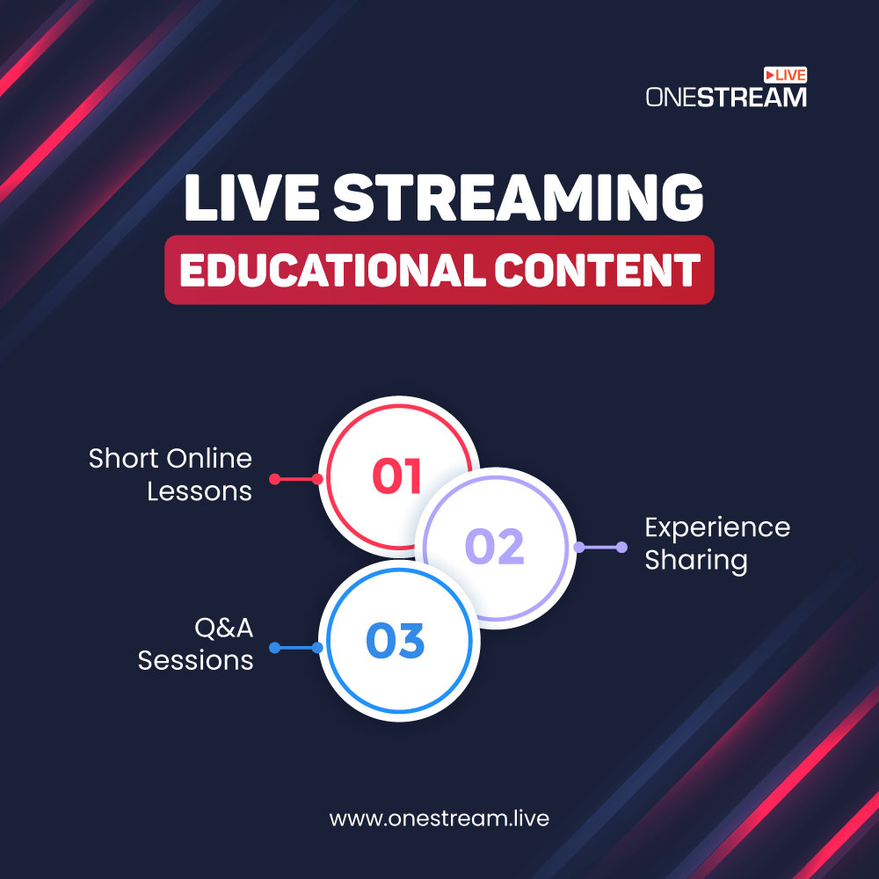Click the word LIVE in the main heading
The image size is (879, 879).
coord(251,197)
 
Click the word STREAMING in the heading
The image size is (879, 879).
coord(519,197)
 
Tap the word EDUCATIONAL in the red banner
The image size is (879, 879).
coord(332,270)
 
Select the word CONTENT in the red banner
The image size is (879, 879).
coord(597,270)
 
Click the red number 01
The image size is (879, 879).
coord(397,476)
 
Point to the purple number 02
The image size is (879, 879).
coord(494,546)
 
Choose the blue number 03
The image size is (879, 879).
coord(396,640)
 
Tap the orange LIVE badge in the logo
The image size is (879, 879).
coord(785,75)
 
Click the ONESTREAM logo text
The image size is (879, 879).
coord(726,97)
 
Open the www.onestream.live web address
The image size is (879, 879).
coord(439,818)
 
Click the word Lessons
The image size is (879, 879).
coord(200,491)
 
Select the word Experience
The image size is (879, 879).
coord(717,528)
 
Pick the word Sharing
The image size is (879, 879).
coord(696,561)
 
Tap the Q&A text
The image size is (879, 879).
coord(223,628)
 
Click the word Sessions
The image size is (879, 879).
coord(196,660)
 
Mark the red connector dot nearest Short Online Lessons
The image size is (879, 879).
coord(274,479)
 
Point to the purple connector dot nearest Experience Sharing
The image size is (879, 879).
coord(621,547)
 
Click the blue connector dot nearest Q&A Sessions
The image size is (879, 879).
coord(274,648)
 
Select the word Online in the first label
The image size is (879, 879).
coord(210,459)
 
